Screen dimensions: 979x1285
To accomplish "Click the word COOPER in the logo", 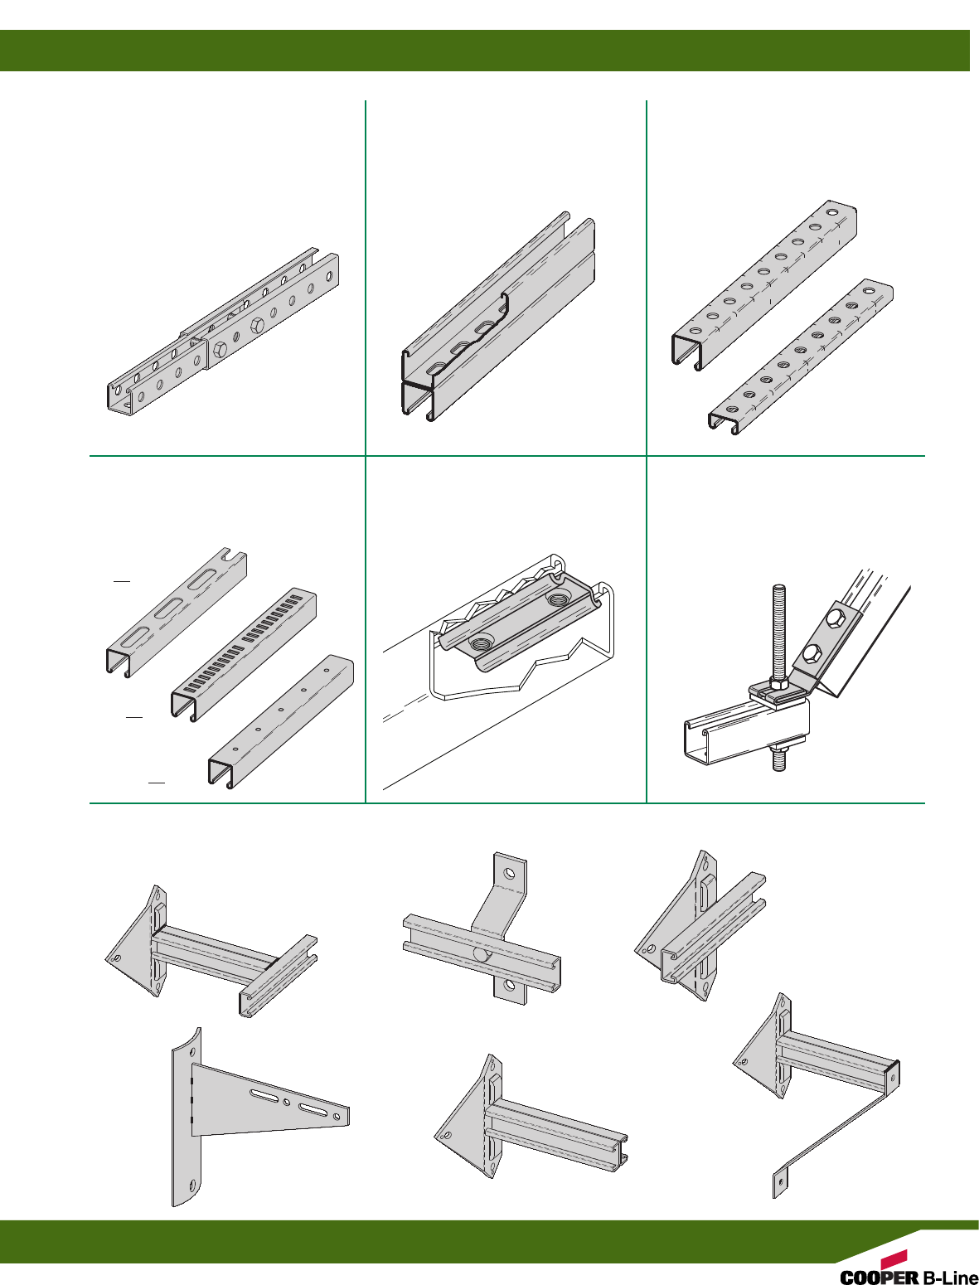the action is [880, 1276].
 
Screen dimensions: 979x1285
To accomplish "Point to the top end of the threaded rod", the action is [779, 587].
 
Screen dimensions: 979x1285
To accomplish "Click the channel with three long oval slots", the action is [176, 613].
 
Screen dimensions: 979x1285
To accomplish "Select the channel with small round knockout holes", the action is [281, 721].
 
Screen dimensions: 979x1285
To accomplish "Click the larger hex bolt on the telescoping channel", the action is [256, 326].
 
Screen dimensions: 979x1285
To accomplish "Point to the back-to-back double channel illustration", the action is [498, 317].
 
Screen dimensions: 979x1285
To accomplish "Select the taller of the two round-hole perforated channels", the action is [764, 285].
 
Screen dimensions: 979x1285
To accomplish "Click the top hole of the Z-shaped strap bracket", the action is [510, 873].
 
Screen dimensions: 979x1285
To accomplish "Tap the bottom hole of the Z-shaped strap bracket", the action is [510, 986].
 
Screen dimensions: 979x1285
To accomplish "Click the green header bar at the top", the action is [484, 51].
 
